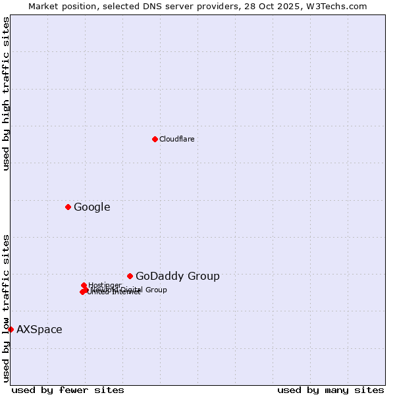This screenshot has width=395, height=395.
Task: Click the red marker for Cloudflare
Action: click(x=155, y=139)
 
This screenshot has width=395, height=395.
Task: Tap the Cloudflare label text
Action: click(x=176, y=139)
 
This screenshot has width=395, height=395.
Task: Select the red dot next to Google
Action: click(x=68, y=207)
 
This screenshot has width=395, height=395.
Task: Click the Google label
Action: click(x=92, y=207)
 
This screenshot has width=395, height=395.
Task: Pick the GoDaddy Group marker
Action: click(x=130, y=276)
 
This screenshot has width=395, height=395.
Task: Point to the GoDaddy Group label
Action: click(x=177, y=276)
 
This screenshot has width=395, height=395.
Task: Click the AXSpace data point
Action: click(x=11, y=329)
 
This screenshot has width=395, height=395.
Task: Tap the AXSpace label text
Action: click(x=39, y=330)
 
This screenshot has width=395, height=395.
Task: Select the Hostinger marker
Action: click(x=84, y=286)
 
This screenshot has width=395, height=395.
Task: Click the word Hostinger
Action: click(x=105, y=285)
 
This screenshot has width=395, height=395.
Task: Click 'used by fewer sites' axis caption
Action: click(x=68, y=390)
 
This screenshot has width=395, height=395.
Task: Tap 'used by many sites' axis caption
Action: click(x=330, y=390)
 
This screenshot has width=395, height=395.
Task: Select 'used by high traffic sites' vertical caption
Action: click(x=6, y=93)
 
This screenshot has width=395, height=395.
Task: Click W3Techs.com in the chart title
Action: click(x=340, y=6)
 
